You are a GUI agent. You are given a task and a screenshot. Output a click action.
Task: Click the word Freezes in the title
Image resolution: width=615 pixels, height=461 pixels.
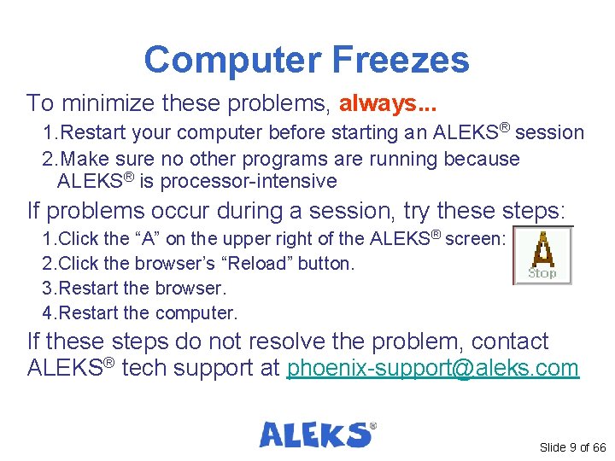399,61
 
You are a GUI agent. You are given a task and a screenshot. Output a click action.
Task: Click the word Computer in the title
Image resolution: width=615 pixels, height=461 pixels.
231,61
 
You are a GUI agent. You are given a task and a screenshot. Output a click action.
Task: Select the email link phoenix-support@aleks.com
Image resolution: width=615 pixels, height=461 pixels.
433,369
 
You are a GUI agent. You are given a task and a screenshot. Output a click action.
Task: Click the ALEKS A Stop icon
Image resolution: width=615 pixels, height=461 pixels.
542,255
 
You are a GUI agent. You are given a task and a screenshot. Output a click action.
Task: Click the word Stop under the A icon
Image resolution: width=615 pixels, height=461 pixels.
542,273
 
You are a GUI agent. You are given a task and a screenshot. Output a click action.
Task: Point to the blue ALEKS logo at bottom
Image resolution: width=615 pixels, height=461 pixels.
317,434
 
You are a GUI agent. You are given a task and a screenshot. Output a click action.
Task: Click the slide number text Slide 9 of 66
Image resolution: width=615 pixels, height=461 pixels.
571,447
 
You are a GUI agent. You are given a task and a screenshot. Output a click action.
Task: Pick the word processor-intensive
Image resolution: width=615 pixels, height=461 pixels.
249,181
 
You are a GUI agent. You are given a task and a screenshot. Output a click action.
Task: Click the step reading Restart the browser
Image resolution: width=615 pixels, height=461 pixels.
141,289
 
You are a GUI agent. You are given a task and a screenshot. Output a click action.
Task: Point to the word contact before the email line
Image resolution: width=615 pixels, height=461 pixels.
509,341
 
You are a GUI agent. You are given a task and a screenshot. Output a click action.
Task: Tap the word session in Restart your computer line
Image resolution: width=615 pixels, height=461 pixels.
550,133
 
